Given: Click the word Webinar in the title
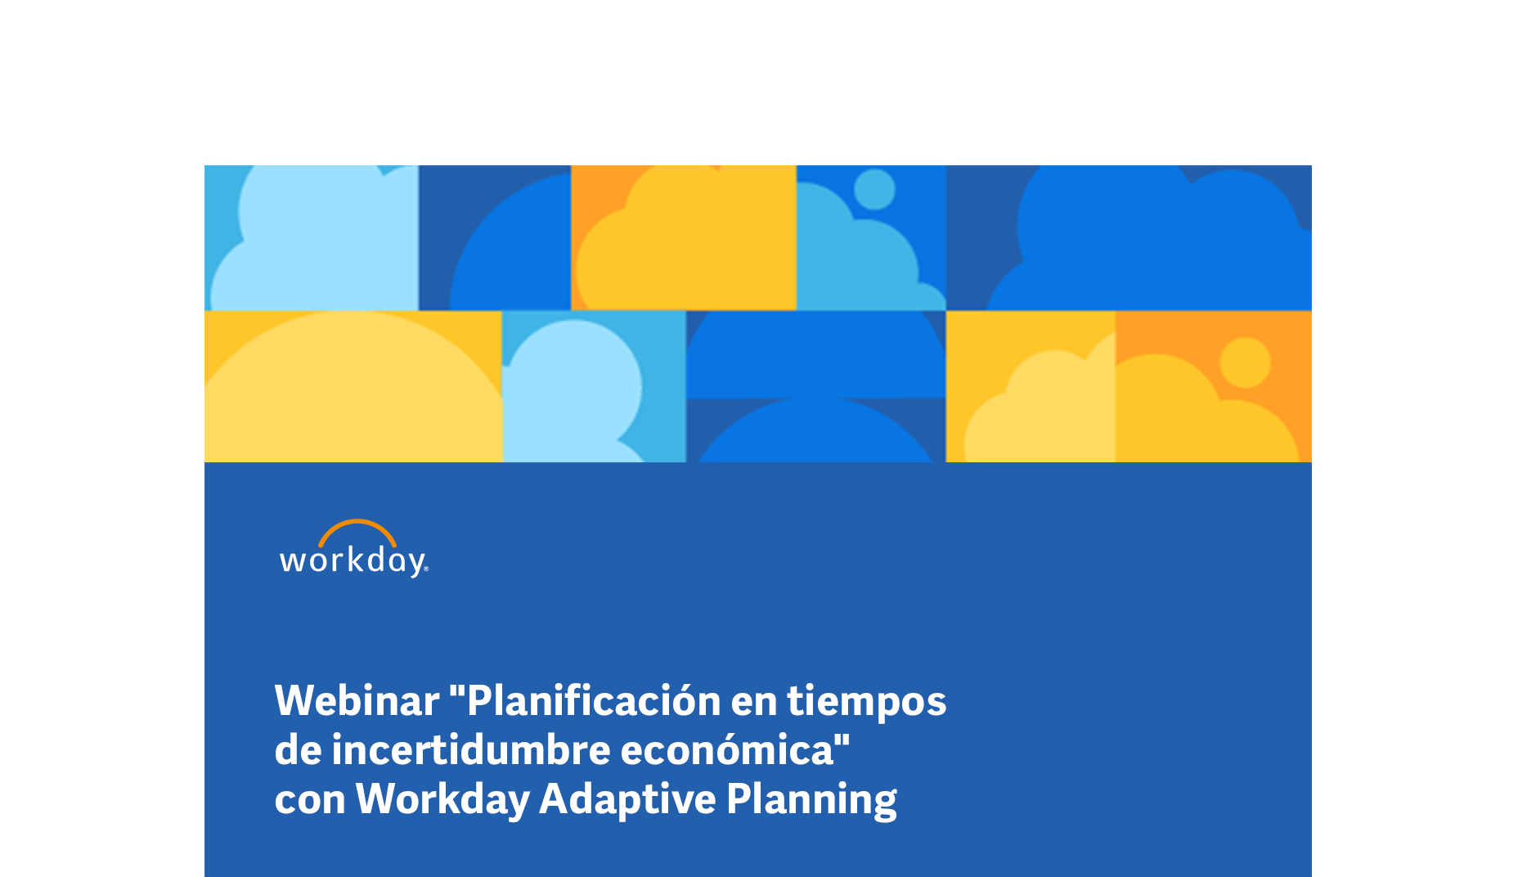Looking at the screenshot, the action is [x=357, y=700].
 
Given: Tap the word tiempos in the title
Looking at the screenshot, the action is [x=866, y=702].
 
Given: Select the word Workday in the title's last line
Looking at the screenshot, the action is [x=442, y=799].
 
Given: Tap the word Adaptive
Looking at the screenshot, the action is [x=627, y=799].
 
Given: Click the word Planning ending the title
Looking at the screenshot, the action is [x=811, y=799].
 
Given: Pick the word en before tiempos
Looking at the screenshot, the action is [x=753, y=704].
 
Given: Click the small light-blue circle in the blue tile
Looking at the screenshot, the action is [x=874, y=189].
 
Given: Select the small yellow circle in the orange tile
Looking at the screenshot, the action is [x=1245, y=362].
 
